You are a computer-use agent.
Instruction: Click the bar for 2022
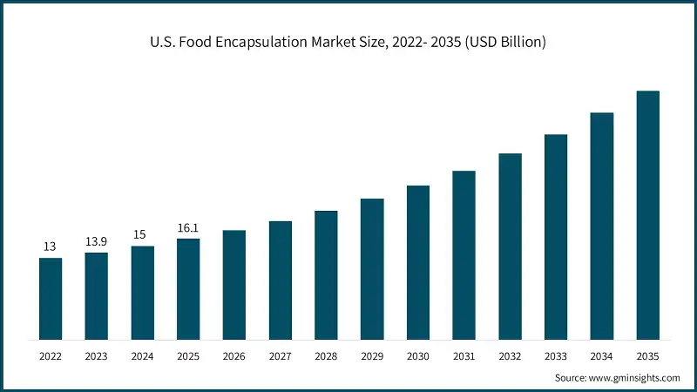click(51, 299)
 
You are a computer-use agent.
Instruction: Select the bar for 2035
click(647, 215)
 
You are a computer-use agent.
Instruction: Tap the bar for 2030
click(418, 262)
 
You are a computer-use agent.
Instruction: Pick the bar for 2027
click(281, 280)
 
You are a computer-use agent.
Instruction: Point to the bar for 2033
click(556, 237)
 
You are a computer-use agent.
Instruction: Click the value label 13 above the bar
click(51, 247)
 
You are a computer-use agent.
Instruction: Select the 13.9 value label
click(97, 241)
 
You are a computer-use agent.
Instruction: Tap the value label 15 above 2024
click(142, 234)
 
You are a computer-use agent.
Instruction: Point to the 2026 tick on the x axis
click(234, 356)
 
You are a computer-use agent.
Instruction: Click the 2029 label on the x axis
click(372, 356)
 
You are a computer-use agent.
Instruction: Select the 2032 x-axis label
click(510, 356)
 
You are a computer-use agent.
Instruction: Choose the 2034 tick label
click(602, 356)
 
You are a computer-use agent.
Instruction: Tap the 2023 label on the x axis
click(97, 356)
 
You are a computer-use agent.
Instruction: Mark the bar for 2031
click(464, 255)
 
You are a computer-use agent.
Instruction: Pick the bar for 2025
click(188, 288)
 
